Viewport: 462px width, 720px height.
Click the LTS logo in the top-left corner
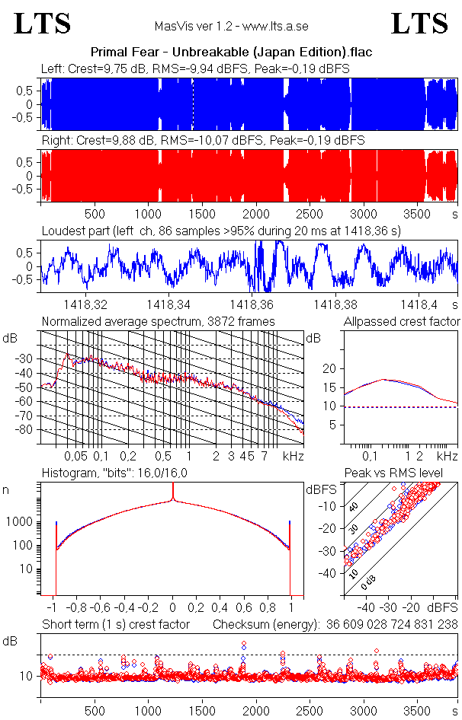pyautogui.click(x=43, y=24)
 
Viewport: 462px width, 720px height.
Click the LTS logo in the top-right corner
pyautogui.click(x=419, y=24)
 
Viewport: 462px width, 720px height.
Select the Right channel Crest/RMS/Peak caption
pyautogui.click(x=204, y=141)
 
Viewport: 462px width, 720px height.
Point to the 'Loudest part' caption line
pyautogui.click(x=221, y=230)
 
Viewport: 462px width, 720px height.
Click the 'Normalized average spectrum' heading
pyautogui.click(x=159, y=322)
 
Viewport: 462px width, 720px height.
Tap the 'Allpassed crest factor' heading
pyautogui.click(x=402, y=322)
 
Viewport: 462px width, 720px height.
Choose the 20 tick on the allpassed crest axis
pyautogui.click(x=329, y=368)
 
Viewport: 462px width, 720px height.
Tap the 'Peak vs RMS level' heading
pyautogui.click(x=404, y=473)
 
